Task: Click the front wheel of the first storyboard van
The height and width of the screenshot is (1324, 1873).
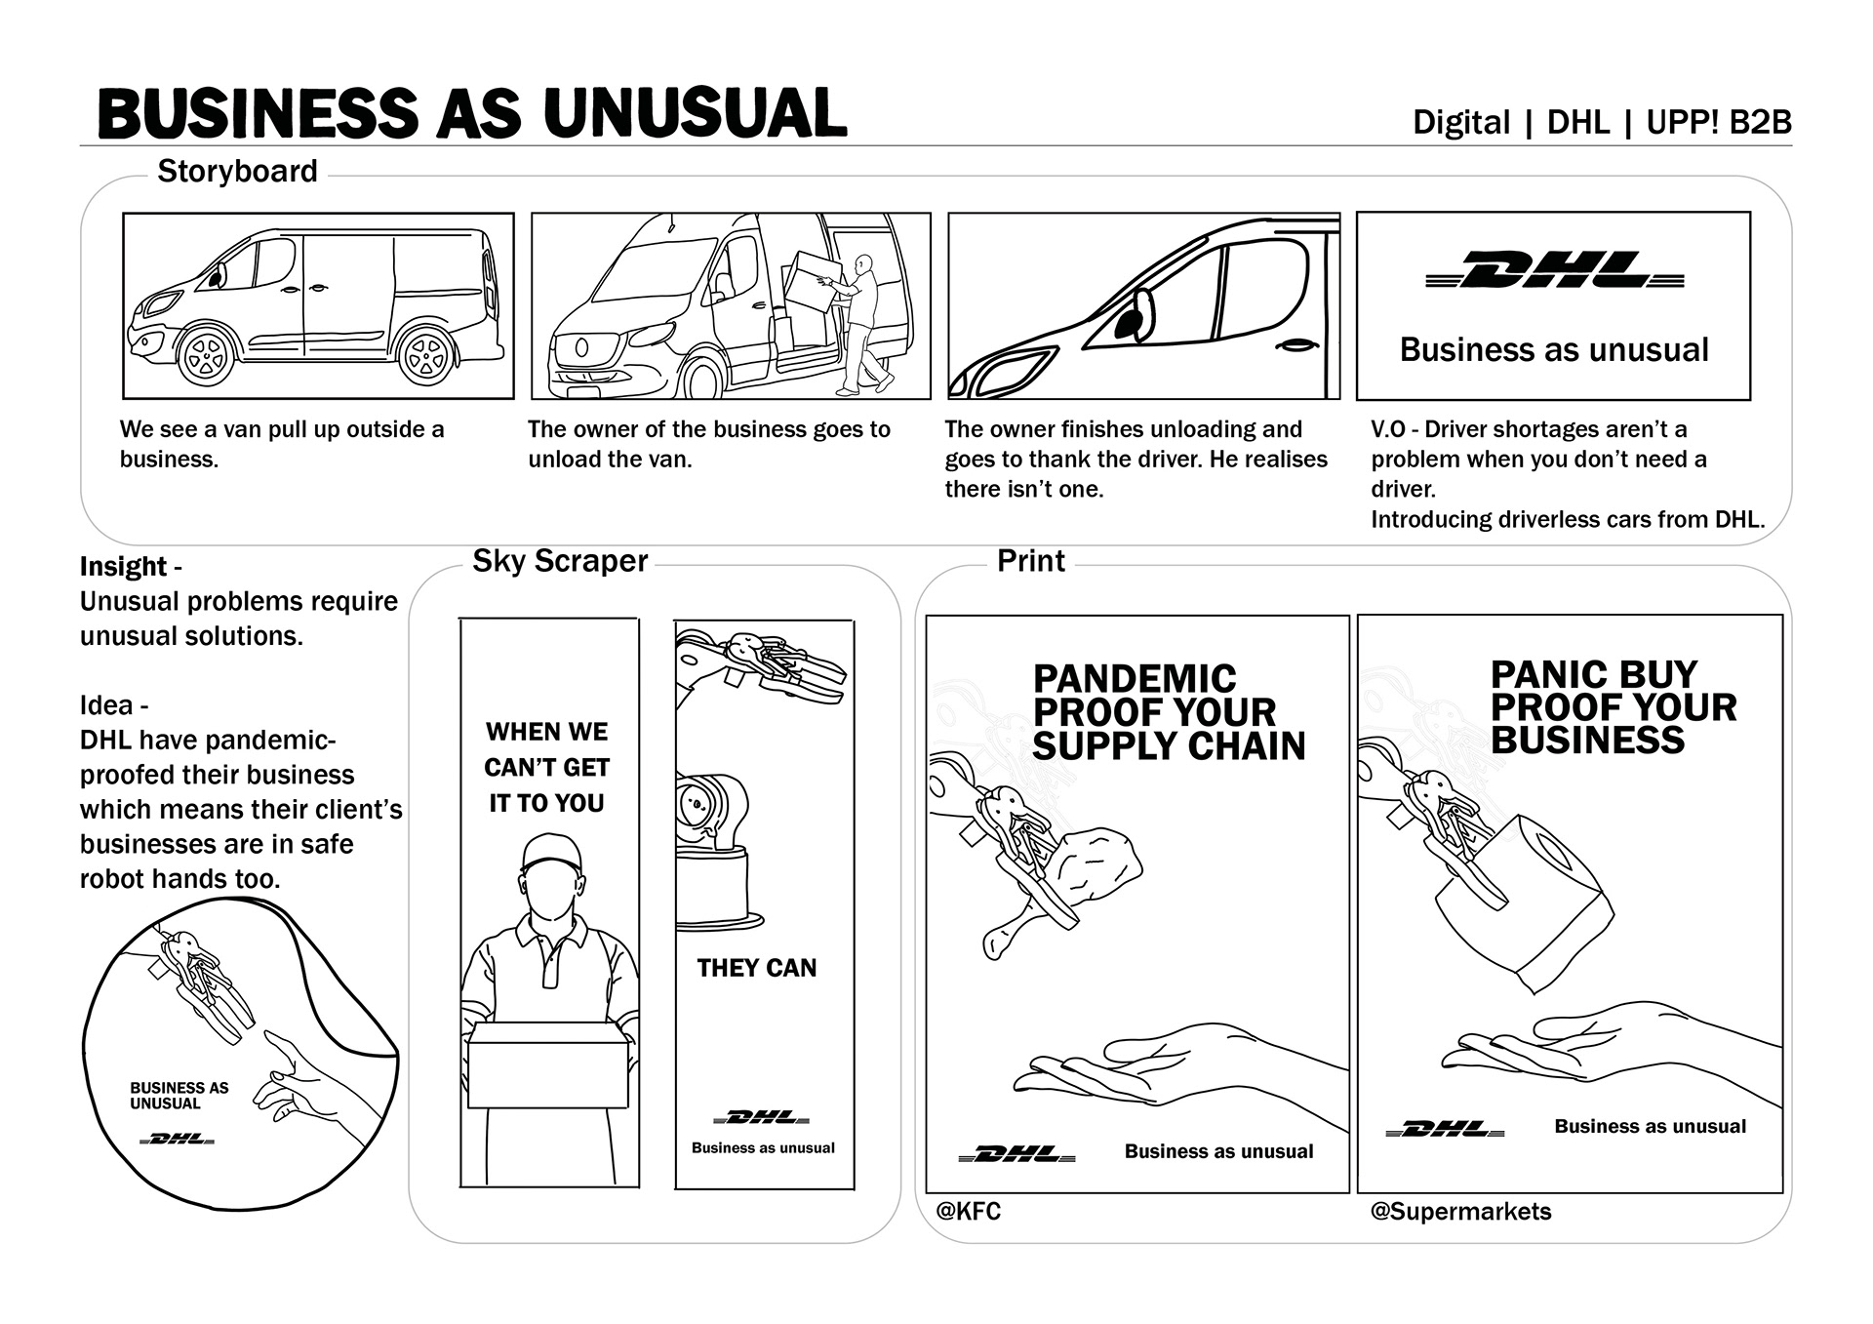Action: (x=207, y=357)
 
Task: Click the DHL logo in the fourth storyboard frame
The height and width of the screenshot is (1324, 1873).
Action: (x=1555, y=270)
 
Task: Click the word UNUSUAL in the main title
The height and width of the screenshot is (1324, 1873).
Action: (x=695, y=113)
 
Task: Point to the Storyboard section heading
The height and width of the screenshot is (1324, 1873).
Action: (x=237, y=172)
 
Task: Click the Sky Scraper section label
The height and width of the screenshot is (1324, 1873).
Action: (x=560, y=561)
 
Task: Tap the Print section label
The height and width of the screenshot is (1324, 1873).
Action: (x=1030, y=561)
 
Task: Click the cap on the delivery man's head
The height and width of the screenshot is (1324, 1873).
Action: (x=551, y=853)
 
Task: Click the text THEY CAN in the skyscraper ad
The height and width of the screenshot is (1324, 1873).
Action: (x=756, y=968)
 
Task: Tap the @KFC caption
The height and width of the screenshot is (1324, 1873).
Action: (x=968, y=1211)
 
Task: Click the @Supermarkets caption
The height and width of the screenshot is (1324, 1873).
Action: (x=1460, y=1211)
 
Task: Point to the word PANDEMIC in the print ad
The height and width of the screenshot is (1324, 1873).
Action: (x=1135, y=678)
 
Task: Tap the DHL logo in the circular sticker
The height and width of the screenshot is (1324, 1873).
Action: (x=177, y=1139)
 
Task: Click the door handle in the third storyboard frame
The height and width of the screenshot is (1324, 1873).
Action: (x=1296, y=346)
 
